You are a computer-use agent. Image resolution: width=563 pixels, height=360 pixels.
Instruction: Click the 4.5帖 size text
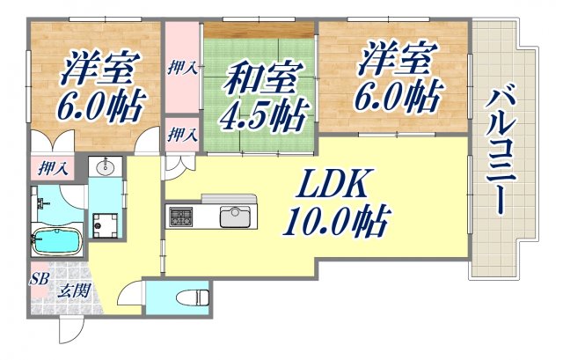(x=264, y=115)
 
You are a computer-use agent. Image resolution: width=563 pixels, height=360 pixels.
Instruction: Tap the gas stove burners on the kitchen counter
(x=182, y=216)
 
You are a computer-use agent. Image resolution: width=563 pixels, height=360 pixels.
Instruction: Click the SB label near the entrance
(x=40, y=279)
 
